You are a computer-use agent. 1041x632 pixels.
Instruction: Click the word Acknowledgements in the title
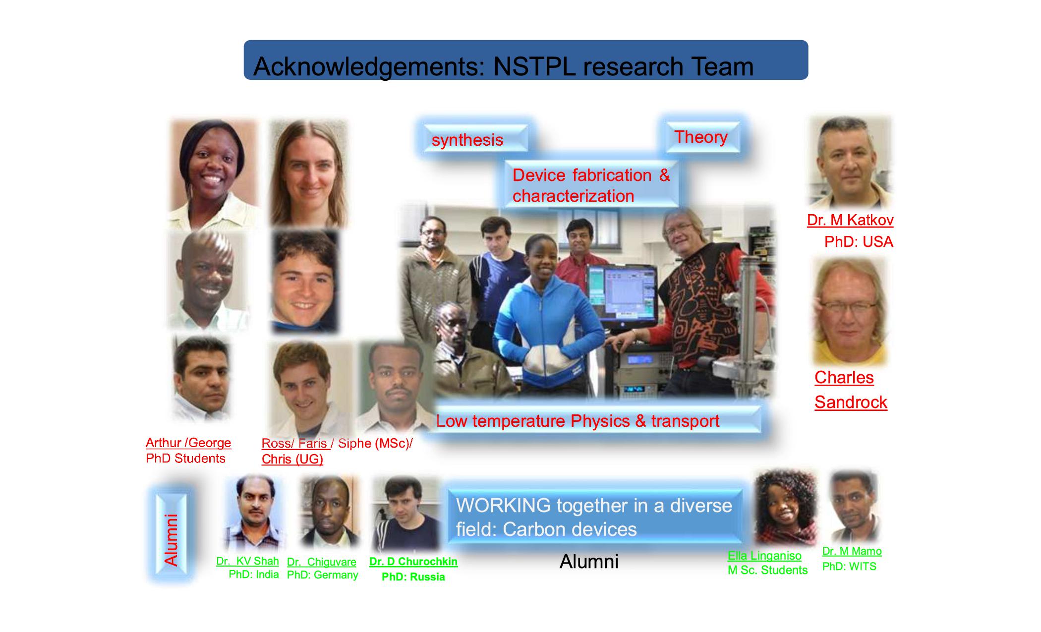tap(369, 67)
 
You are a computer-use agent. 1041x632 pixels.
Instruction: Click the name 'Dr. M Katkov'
tap(850, 220)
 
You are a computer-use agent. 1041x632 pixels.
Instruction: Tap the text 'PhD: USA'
tap(859, 242)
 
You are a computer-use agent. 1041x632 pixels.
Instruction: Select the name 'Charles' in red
tap(844, 378)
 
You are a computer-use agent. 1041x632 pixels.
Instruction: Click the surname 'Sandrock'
tap(851, 402)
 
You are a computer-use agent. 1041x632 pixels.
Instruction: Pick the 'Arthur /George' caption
tap(188, 443)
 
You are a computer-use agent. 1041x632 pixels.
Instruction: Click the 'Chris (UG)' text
tap(292, 460)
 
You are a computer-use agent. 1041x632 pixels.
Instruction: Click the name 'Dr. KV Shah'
tap(247, 561)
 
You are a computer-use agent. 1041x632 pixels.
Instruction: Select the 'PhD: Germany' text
tap(323, 575)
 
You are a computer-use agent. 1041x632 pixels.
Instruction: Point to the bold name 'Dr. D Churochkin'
tap(413, 562)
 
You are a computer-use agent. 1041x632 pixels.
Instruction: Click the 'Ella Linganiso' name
tap(764, 556)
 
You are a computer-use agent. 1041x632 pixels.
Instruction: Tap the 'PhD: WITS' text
tap(849, 566)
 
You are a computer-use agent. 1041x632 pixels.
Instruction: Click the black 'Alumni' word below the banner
tap(589, 562)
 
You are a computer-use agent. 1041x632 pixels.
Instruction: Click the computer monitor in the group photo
tap(622, 292)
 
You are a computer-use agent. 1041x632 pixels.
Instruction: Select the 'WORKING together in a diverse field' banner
tap(595, 517)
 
